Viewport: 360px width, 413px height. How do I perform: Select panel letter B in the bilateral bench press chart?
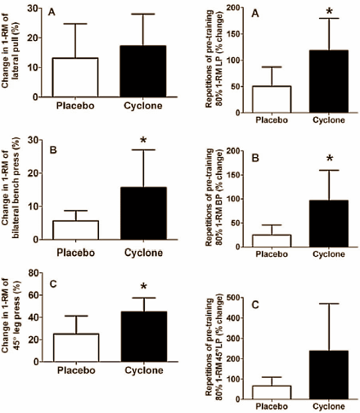point(52,150)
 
